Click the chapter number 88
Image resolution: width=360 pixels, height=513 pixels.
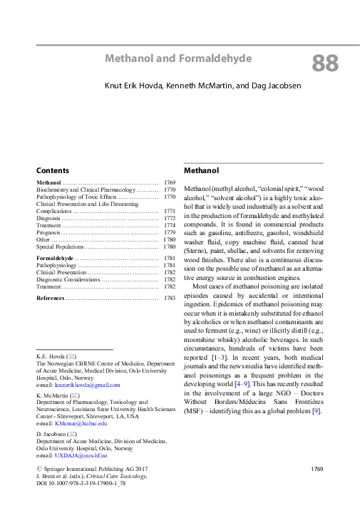[324, 64]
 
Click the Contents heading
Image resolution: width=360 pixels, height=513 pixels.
[53, 171]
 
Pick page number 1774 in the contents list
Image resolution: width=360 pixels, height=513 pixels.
[169, 225]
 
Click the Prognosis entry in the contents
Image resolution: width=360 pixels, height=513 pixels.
[48, 232]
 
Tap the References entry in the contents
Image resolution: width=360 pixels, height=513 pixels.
[50, 297]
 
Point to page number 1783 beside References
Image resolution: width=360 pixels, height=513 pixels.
[169, 297]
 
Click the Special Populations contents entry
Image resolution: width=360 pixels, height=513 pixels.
[61, 247]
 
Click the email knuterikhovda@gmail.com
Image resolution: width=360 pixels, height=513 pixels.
[68, 385]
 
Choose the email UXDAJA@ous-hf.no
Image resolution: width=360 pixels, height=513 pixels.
[71, 455]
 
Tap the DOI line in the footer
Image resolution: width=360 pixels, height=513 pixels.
[76, 484]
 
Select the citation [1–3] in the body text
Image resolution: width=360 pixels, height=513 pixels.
[220, 356]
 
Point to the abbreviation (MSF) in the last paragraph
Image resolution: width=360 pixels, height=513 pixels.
[195, 410]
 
